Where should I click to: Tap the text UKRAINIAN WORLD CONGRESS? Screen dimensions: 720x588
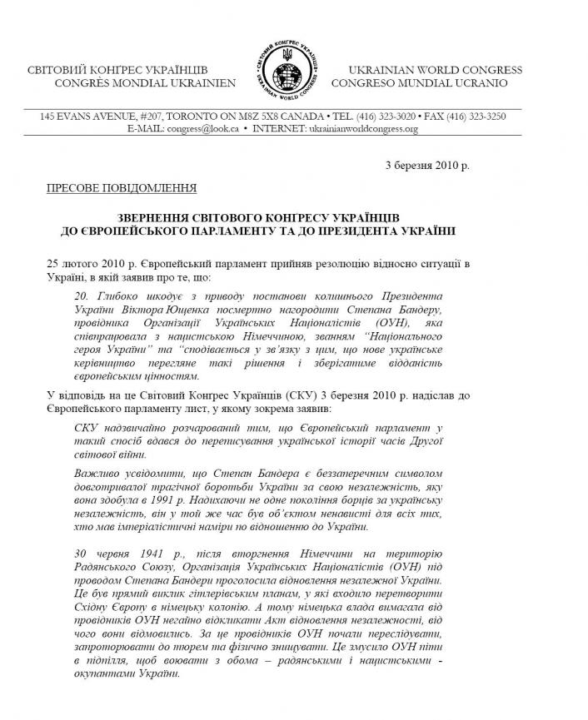click(x=435, y=69)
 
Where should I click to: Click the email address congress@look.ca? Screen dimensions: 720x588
click(x=204, y=130)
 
